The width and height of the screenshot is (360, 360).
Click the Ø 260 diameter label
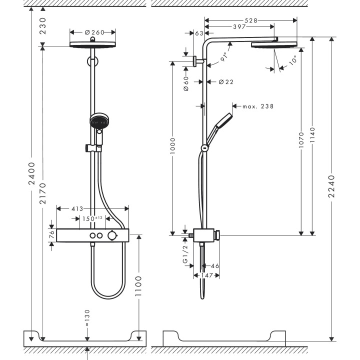(95, 32)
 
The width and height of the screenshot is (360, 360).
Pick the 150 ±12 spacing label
(92, 218)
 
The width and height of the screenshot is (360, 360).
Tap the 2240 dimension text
(331, 186)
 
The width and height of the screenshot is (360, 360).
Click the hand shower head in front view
(98, 120)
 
